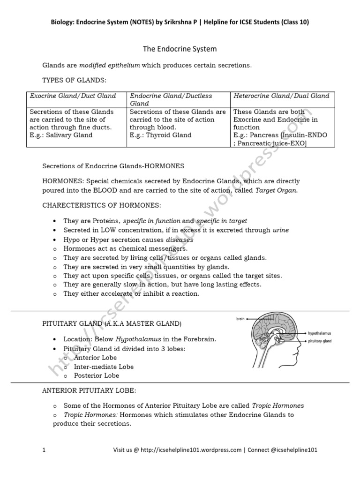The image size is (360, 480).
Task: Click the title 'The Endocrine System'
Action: click(x=180, y=49)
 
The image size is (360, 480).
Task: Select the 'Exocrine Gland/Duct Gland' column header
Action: click(x=73, y=96)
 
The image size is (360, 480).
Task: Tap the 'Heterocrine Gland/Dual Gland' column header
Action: click(x=281, y=96)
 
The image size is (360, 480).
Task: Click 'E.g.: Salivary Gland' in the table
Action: click(x=61, y=135)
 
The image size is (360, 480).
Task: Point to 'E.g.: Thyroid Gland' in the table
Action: click(x=160, y=135)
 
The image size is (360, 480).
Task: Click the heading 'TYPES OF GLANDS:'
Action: click(x=71, y=81)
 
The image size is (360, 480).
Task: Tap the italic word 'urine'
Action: click(x=281, y=230)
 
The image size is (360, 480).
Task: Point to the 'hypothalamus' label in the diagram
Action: click(x=321, y=334)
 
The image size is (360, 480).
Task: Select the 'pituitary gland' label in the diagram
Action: click(x=320, y=341)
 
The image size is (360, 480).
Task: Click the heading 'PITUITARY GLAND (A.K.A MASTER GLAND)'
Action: click(x=112, y=324)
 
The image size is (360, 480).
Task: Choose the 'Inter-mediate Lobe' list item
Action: click(x=103, y=367)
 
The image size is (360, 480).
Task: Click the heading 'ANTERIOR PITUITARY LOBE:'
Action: click(x=90, y=390)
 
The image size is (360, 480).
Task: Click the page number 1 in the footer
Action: click(x=44, y=450)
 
